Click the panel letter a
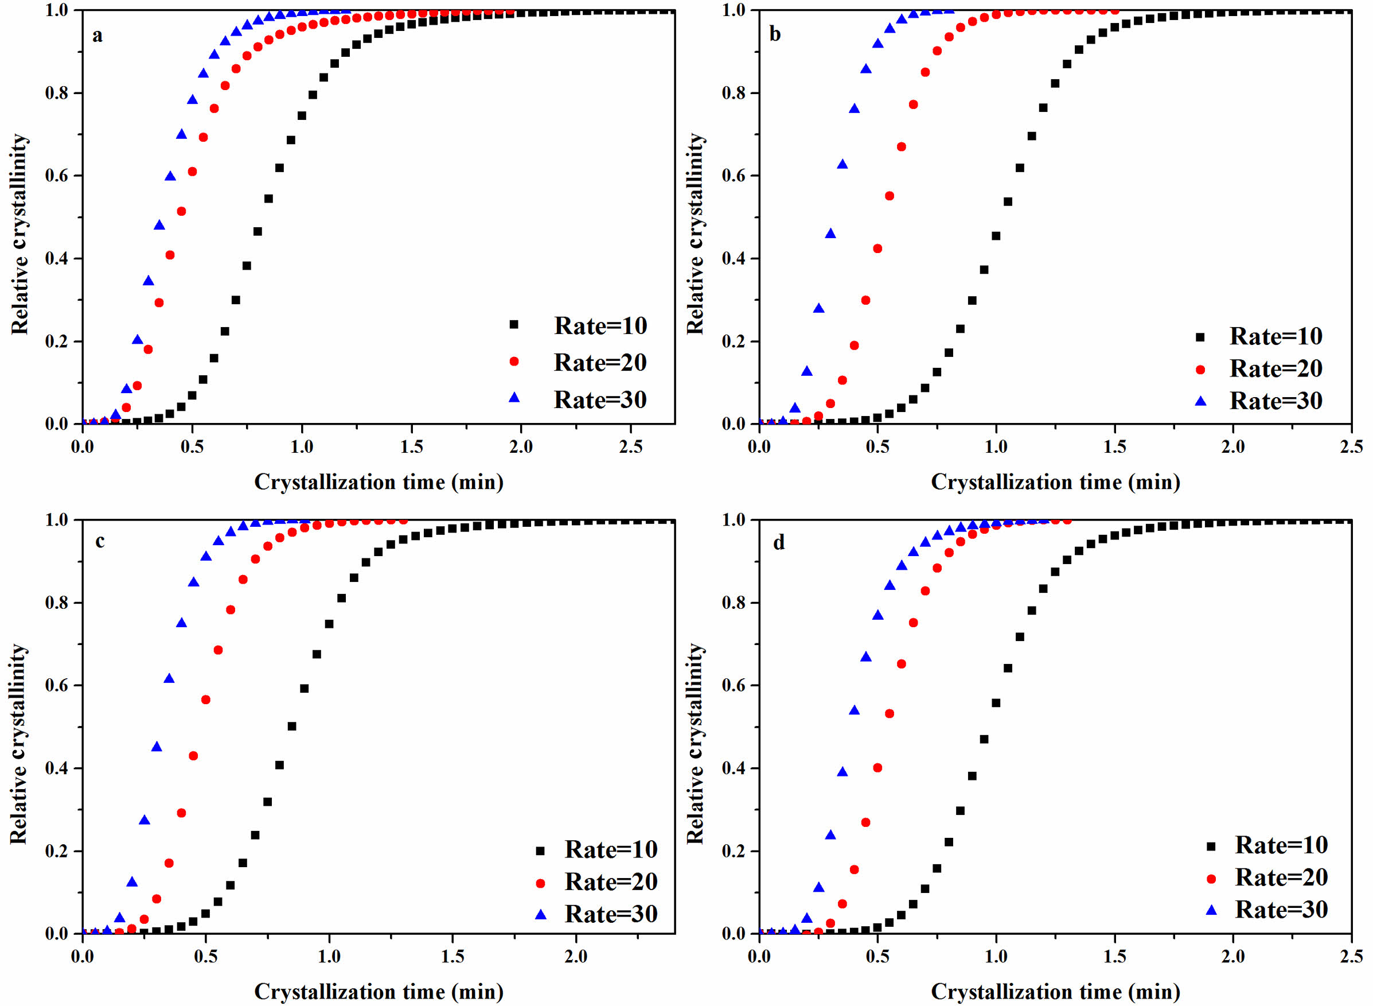97,37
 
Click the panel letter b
775,34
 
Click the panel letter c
100,541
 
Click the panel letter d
779,542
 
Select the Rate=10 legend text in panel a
600,326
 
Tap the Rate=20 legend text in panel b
1276,368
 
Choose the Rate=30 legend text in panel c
611,914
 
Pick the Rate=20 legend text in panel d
1281,877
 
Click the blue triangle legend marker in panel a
514,398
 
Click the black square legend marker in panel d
1211,846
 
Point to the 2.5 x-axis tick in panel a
630,446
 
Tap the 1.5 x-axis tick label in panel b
1114,446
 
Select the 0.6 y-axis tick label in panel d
733,686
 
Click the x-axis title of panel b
1055,481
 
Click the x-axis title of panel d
1055,992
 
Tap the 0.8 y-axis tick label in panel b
733,93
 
